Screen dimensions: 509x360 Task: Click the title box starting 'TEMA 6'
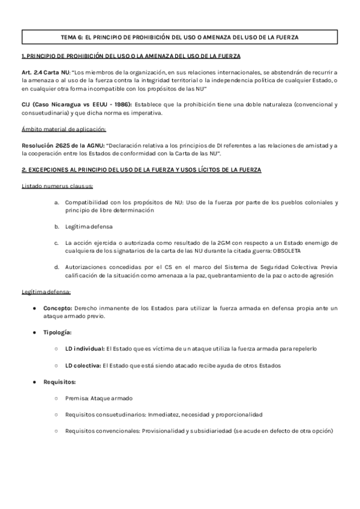click(179, 37)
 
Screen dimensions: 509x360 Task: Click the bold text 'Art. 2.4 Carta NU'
click(46, 73)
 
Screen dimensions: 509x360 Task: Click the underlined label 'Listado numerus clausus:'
click(53, 186)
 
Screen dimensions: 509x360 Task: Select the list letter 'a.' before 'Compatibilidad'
click(56, 202)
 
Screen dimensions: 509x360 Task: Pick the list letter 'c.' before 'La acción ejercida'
click(56, 242)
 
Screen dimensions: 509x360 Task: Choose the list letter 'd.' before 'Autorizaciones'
click(56, 267)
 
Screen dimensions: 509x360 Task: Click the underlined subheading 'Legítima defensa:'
click(46, 292)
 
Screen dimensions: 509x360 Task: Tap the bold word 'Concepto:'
click(58, 308)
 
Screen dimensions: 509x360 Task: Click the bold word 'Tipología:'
click(58, 332)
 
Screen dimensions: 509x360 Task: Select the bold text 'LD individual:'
click(85, 348)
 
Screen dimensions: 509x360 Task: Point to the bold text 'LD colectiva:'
click(83, 365)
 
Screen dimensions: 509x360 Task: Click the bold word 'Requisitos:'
click(59, 382)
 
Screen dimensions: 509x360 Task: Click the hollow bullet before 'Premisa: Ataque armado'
click(56, 398)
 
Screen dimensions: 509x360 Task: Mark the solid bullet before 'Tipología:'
click(34, 332)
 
